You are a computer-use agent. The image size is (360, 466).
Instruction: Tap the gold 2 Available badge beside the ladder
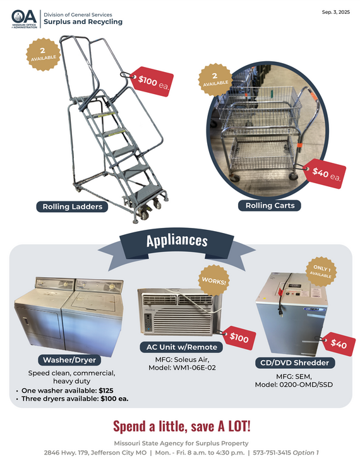point(44,54)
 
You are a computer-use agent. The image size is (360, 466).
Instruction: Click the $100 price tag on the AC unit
point(238,338)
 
